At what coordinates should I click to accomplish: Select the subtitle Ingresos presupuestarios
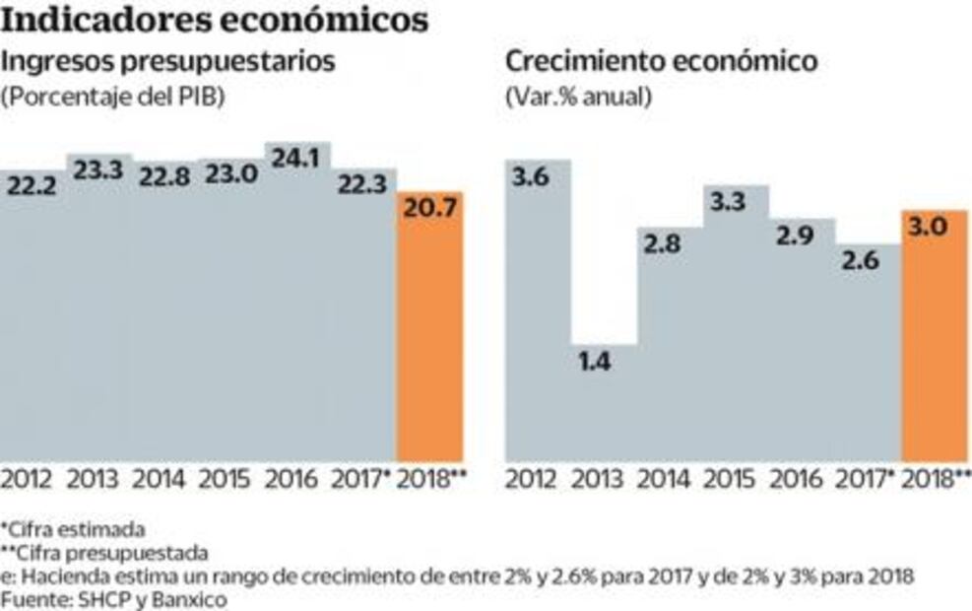(170, 62)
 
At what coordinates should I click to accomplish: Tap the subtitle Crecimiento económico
(661, 62)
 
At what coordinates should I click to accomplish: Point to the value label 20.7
(429, 208)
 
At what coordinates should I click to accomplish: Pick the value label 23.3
(98, 170)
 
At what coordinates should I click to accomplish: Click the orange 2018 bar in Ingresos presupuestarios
(429, 335)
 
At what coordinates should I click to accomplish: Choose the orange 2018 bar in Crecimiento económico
(935, 345)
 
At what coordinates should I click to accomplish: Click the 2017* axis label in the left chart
(362, 481)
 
